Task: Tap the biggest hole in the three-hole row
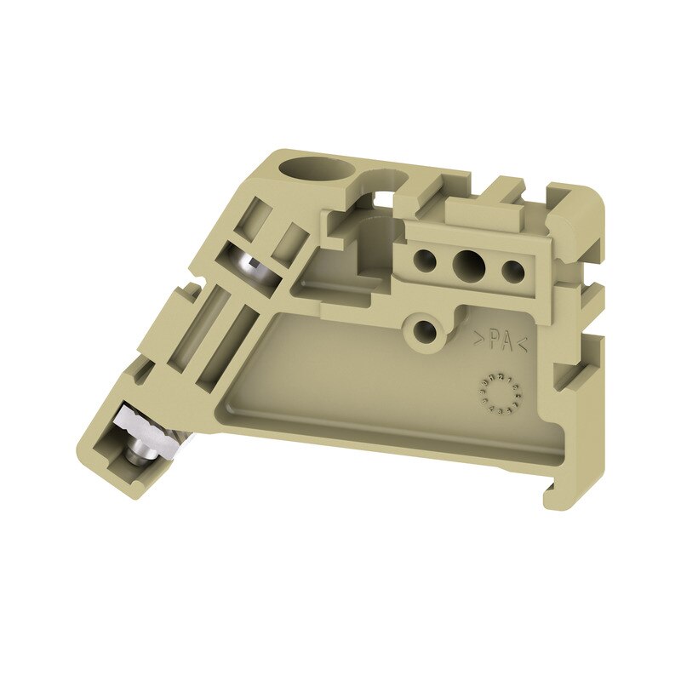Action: [467, 267]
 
